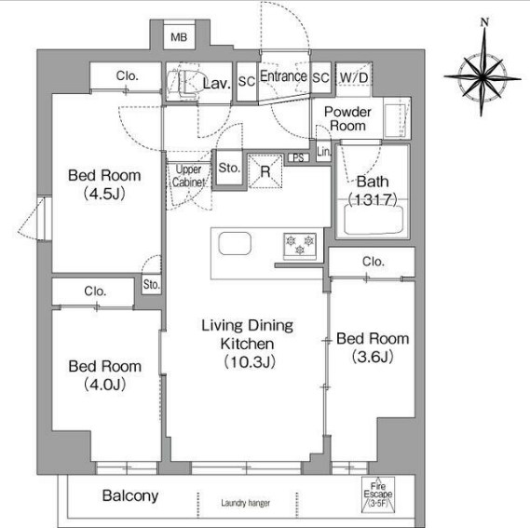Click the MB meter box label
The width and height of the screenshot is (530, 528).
(179, 37)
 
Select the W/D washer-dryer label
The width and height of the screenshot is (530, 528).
(354, 77)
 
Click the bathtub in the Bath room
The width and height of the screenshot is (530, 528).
(374, 219)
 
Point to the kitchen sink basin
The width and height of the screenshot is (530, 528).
(235, 243)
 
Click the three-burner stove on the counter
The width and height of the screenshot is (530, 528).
(300, 246)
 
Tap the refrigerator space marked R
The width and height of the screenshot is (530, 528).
(265, 171)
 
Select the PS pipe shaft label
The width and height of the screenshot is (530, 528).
(298, 157)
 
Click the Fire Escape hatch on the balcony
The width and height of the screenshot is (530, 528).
(378, 494)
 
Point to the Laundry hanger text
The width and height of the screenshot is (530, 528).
(246, 503)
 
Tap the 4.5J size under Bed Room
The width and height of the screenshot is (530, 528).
(104, 194)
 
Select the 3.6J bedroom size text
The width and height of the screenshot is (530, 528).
(373, 357)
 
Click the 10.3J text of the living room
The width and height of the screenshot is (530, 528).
(250, 362)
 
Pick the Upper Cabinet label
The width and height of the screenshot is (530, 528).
(188, 176)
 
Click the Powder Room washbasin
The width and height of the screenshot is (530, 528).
(395, 120)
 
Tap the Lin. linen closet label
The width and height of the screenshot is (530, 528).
(324, 152)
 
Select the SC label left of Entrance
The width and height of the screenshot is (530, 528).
(247, 81)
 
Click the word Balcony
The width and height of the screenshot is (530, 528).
(130, 496)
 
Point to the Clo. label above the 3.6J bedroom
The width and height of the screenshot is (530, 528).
(374, 262)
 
